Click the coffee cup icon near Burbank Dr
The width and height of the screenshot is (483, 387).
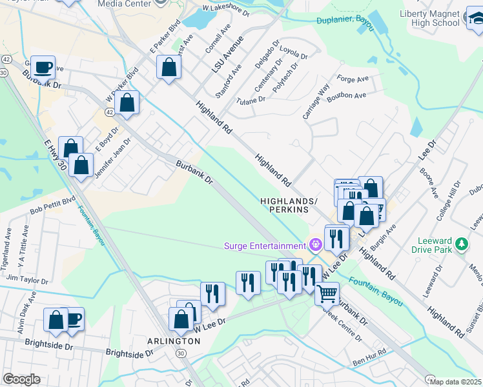(43, 66)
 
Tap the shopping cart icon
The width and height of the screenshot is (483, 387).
(327, 293)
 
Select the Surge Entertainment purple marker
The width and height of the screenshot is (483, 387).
(315, 245)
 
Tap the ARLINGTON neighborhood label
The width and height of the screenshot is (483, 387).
(172, 341)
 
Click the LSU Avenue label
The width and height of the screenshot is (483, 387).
(232, 53)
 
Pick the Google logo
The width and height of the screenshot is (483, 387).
(21, 379)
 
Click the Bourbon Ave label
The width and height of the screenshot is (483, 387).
(347, 95)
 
